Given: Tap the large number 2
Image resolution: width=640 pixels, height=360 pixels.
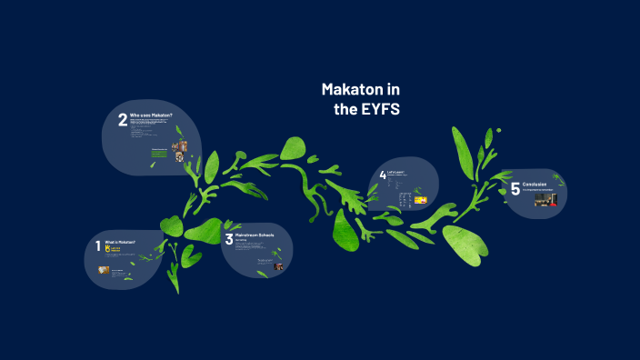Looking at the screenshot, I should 122,121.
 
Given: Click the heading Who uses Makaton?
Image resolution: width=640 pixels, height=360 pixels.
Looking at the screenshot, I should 151,115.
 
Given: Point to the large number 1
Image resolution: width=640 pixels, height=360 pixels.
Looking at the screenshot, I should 98,245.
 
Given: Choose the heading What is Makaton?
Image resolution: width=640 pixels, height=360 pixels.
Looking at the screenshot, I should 121,243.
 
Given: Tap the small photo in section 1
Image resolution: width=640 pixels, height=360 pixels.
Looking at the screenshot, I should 104,270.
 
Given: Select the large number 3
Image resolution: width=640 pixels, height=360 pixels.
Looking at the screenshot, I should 228,240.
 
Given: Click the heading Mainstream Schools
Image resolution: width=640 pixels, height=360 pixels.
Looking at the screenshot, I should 255,235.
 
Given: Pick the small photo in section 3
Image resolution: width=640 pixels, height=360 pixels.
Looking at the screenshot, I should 279,266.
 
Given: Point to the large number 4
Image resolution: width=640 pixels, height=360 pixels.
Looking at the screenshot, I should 383,175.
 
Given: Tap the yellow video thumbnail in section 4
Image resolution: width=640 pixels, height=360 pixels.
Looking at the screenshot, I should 420,199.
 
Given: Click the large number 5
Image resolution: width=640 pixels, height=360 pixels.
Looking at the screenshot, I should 515,189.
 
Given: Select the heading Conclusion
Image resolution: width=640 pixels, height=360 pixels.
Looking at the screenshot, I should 535,185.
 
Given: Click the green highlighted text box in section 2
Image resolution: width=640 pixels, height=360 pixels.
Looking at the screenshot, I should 160,154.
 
